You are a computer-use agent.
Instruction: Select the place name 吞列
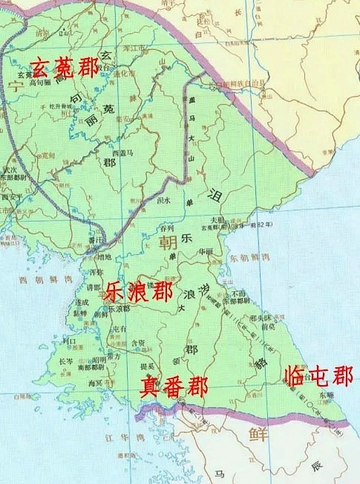click(x=167, y=228)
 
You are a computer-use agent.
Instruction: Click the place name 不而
click(x=239, y=294)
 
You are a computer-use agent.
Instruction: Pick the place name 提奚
click(x=148, y=366)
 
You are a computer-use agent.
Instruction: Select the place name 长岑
click(x=66, y=361)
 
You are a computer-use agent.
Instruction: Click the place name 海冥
click(x=95, y=383)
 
